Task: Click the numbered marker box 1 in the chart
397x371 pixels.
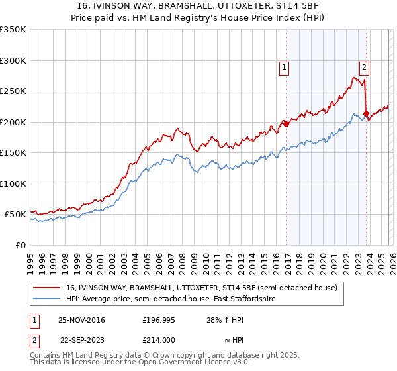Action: tap(284, 66)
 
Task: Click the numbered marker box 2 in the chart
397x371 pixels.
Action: tap(364, 66)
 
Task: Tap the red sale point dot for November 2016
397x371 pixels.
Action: tap(287, 123)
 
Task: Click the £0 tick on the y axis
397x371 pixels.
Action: tap(20, 245)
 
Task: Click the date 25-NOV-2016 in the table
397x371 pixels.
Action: tap(83, 320)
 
